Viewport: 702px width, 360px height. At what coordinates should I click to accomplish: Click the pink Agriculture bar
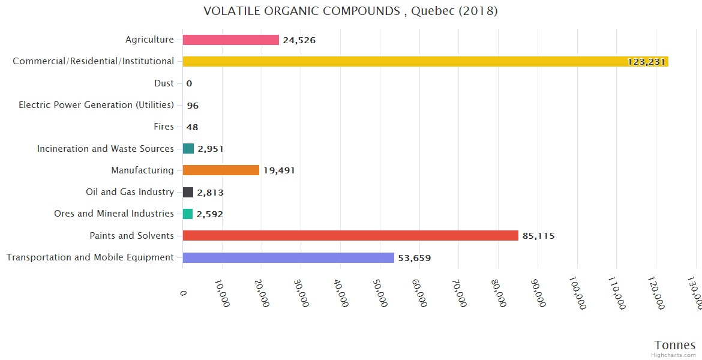(x=231, y=40)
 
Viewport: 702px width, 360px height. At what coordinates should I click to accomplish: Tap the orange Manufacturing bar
(x=221, y=170)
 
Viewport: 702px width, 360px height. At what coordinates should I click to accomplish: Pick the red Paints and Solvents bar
(x=350, y=236)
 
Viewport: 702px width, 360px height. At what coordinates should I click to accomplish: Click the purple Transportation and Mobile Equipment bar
(x=288, y=257)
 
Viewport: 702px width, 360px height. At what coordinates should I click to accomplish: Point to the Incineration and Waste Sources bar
(x=188, y=148)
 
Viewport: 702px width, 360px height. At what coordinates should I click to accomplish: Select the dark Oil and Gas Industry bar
(x=188, y=192)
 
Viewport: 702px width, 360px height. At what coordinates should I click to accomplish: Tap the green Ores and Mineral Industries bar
(x=188, y=214)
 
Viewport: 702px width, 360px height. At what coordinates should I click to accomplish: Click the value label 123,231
(x=646, y=62)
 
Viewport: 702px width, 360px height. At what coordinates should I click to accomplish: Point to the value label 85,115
(x=538, y=236)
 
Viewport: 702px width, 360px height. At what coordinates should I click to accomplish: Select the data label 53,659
(x=414, y=258)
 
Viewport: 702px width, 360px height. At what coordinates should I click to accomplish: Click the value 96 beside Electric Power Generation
(x=193, y=106)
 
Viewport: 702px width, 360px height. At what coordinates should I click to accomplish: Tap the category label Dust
(x=164, y=83)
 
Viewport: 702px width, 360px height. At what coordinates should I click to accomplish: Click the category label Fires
(x=164, y=127)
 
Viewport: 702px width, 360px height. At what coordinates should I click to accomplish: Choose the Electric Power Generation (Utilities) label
(x=96, y=105)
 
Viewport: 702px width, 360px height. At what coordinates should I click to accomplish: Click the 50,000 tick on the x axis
(x=379, y=292)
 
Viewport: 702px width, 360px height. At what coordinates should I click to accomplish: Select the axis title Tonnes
(x=674, y=345)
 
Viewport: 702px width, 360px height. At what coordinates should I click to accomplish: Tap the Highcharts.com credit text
(x=674, y=355)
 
